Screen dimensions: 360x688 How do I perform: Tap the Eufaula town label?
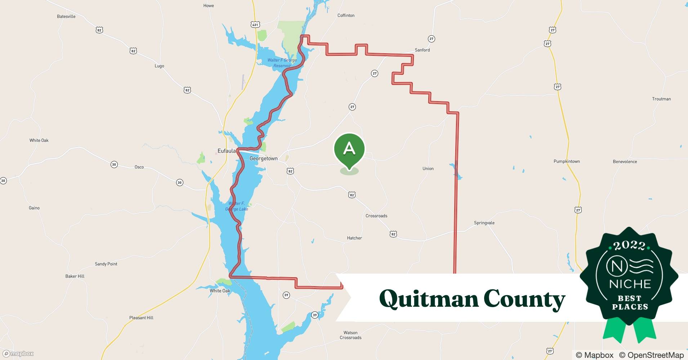226,151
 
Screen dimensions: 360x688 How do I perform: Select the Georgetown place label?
264,158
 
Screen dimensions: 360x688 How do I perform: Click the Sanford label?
422,50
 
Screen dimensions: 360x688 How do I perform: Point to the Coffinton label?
346,15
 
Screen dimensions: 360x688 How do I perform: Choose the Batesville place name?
66,17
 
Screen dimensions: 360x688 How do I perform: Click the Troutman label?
661,99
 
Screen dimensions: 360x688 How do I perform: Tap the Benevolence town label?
625,162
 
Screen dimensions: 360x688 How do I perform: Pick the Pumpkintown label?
567,161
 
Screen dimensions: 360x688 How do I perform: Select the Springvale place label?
484,223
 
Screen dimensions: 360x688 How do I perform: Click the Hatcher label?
354,238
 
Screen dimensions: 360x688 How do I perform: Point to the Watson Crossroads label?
350,335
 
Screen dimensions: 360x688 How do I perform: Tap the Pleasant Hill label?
141,318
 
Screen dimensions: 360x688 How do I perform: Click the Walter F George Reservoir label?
282,63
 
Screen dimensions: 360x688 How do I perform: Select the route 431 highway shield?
255,24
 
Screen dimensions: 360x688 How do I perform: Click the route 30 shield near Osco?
114,165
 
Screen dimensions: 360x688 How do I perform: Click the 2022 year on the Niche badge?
629,246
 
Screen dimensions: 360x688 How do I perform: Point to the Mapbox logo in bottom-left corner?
18,354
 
